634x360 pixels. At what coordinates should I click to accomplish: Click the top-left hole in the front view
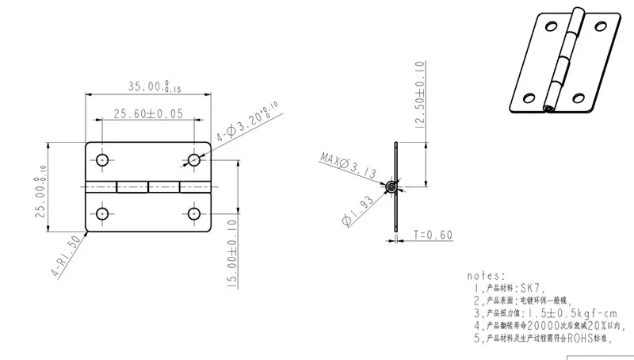[x=102, y=160]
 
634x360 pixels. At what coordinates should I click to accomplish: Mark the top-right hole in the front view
[x=194, y=160]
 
